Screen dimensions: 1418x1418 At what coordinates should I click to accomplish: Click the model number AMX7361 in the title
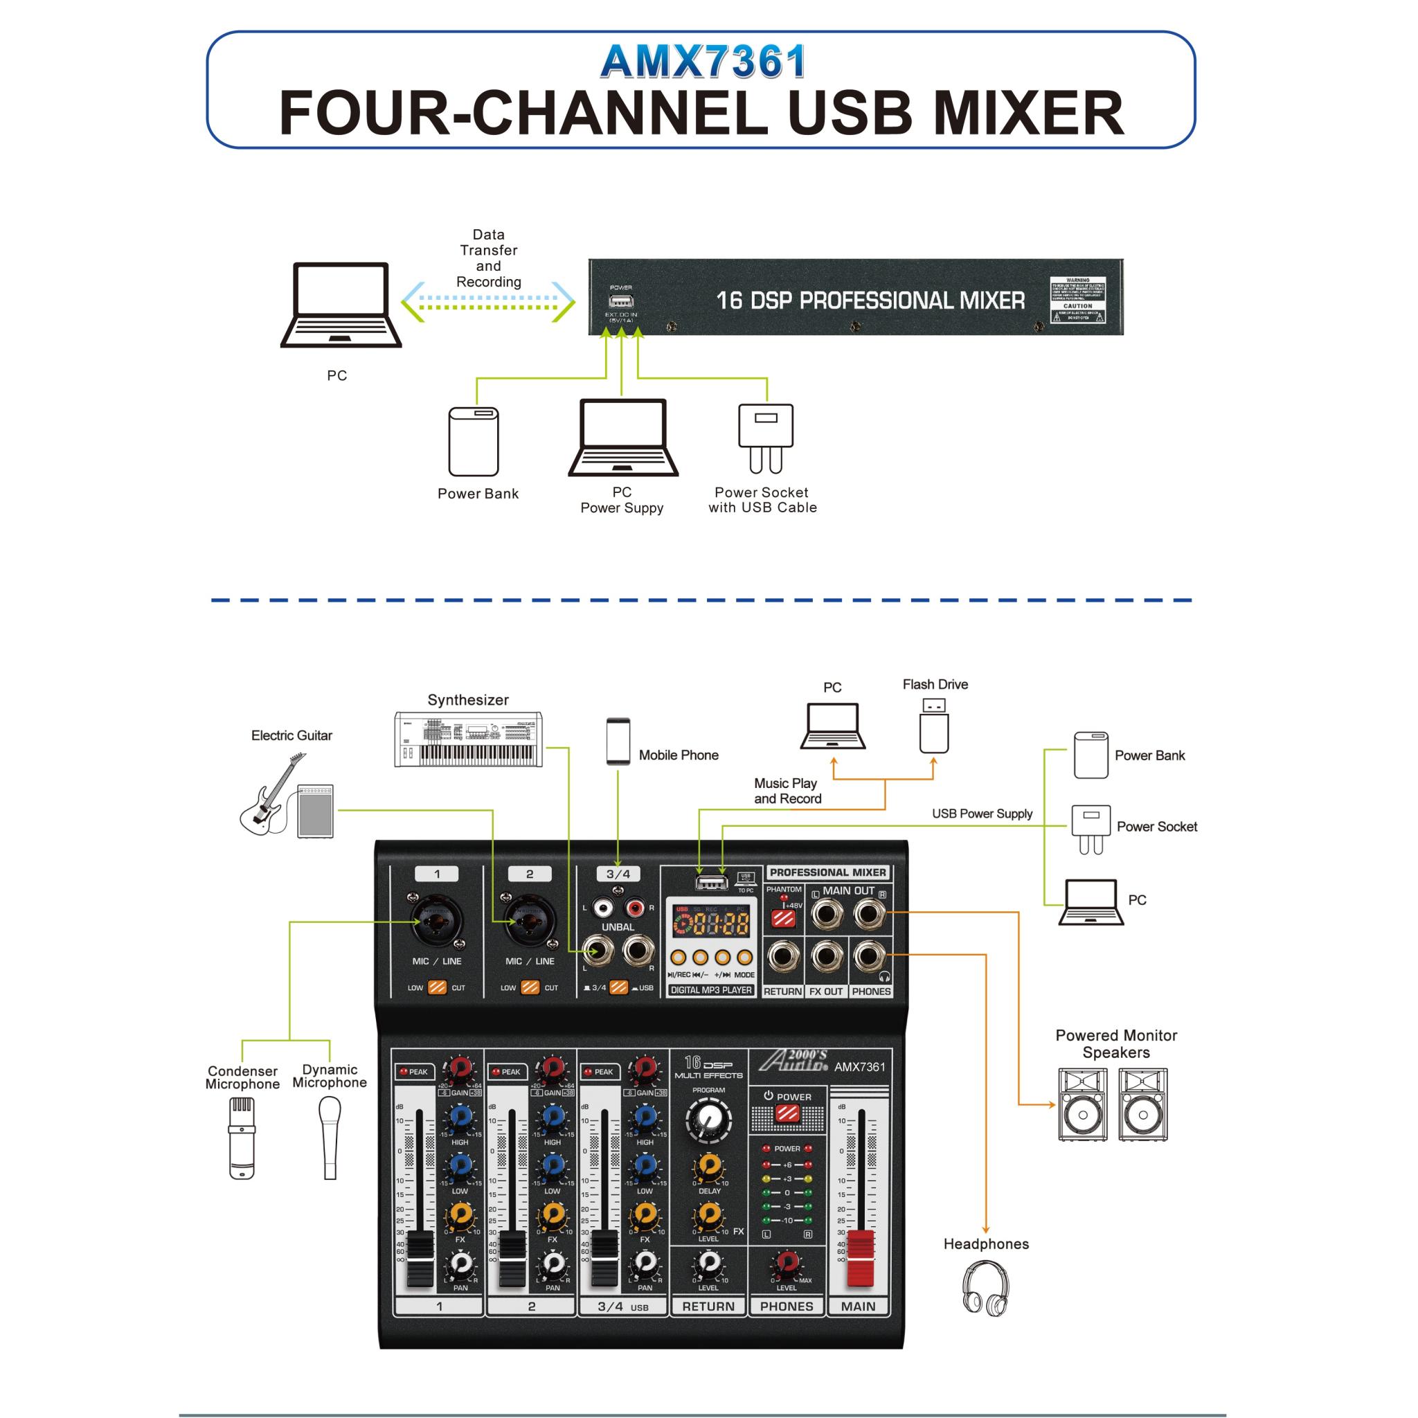702,62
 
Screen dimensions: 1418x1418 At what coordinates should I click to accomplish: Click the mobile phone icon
618,742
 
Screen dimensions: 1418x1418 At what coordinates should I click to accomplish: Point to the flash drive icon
933,726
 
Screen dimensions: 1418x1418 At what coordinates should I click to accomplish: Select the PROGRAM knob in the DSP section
708,1120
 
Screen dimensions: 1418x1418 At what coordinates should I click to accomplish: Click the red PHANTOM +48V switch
783,918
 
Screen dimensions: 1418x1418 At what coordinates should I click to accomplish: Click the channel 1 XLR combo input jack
437,922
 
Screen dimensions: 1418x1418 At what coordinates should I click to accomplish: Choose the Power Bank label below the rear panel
478,494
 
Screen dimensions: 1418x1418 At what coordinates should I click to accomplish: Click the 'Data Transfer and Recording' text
489,258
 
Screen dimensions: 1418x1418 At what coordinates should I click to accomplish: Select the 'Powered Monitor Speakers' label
1115,1043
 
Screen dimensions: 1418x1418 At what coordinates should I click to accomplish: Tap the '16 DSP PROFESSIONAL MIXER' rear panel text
870,301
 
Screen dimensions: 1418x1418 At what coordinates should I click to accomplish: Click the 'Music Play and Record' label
787,791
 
